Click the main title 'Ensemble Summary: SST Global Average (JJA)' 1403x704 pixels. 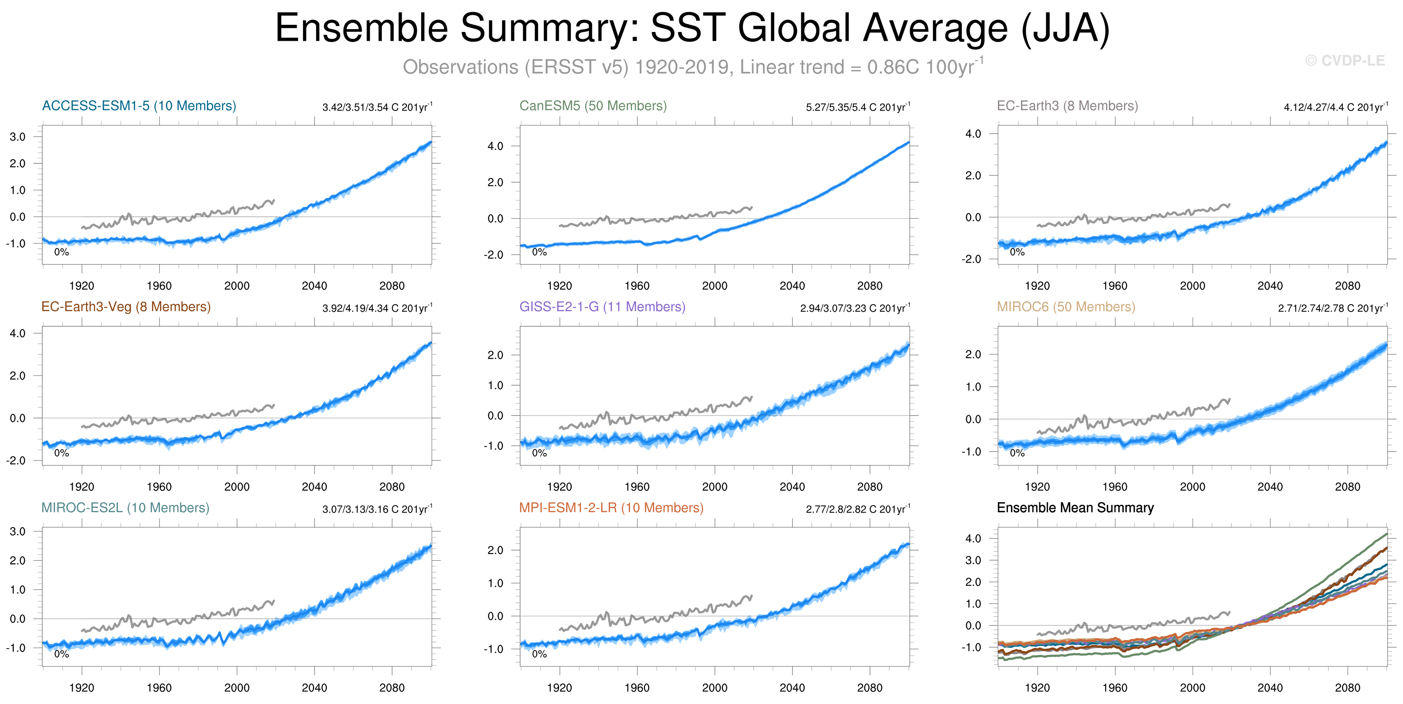pos(692,28)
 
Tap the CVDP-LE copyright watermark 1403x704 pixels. pos(1344,60)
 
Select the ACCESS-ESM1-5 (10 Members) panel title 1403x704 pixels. pos(139,106)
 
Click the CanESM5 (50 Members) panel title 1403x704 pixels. pos(593,106)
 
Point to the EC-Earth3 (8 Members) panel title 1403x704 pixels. pos(1067,106)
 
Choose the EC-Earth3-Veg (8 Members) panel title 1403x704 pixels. pos(126,307)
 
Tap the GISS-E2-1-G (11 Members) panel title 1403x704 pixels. pos(602,307)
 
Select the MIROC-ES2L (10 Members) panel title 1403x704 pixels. pos(125,508)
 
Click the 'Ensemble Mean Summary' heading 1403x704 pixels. pos(1075,508)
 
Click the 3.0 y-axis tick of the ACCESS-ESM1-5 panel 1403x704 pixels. pos(17,137)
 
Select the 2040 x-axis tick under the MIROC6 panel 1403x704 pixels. pos(1269,487)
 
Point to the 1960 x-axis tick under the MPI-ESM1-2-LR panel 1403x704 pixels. pos(637,688)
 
